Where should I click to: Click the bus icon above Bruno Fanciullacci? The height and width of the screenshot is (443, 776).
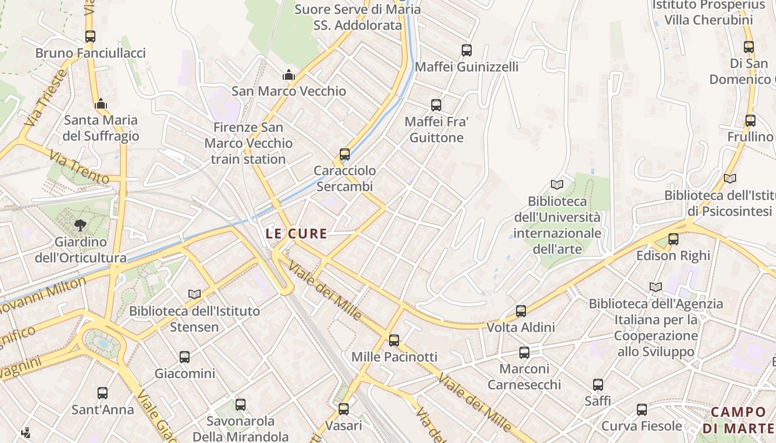[x=90, y=37]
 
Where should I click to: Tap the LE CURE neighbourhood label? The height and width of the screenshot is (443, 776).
[x=296, y=234]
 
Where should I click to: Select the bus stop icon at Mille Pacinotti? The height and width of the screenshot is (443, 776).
[x=394, y=340]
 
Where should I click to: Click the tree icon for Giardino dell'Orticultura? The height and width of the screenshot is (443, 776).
[x=80, y=225]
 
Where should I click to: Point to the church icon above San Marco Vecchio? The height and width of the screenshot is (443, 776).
[x=288, y=75]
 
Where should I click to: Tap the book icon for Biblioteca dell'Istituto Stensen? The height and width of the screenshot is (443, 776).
[x=195, y=294]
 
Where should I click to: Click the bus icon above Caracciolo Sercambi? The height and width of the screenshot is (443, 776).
[x=345, y=154]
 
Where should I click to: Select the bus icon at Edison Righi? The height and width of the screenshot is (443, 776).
[x=673, y=239]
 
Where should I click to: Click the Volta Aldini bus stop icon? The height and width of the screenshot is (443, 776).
[x=521, y=311]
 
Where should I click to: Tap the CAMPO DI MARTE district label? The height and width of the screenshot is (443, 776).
[x=738, y=420]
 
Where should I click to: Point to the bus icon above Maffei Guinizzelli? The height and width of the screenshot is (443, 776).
[x=467, y=50]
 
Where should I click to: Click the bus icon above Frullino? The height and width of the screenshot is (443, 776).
[x=751, y=120]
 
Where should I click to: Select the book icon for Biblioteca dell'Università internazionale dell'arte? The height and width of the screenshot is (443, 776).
[x=557, y=184]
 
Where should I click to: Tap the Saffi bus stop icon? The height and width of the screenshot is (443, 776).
[x=598, y=384]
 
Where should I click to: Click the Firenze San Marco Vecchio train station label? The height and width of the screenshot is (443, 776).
[x=248, y=143]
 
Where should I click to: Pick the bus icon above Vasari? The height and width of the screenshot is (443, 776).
[x=344, y=409]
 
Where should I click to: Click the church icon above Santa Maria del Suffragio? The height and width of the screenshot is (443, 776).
[x=101, y=104]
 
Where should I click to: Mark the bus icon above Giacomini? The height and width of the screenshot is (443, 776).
[x=185, y=357]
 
